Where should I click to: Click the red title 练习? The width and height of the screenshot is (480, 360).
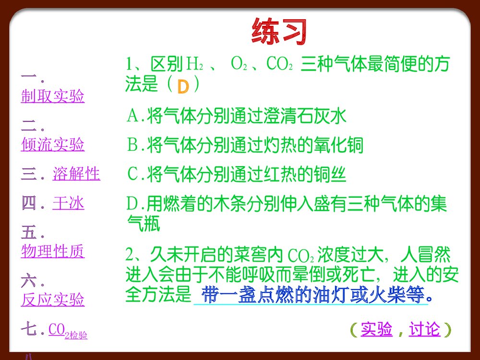coord(278,32)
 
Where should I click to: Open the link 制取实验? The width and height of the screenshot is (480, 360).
coord(52,96)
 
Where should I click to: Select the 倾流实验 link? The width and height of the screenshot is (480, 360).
coord(52,144)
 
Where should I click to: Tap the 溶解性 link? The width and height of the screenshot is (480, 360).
coord(76,174)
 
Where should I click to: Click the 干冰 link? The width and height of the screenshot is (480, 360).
coord(68,204)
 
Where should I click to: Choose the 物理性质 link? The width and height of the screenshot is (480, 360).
coord(52,251)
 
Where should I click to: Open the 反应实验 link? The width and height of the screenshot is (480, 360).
coord(52,300)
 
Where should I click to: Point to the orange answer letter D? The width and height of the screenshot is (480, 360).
coord(183,86)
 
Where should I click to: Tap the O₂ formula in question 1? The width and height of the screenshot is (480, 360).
coord(239,64)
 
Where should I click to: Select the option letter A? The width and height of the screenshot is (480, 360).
coord(132,116)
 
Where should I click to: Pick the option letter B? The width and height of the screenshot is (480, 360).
coord(132,145)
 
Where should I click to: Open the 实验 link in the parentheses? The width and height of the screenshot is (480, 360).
coord(376,330)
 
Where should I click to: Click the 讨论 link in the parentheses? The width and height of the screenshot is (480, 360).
coord(424,330)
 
